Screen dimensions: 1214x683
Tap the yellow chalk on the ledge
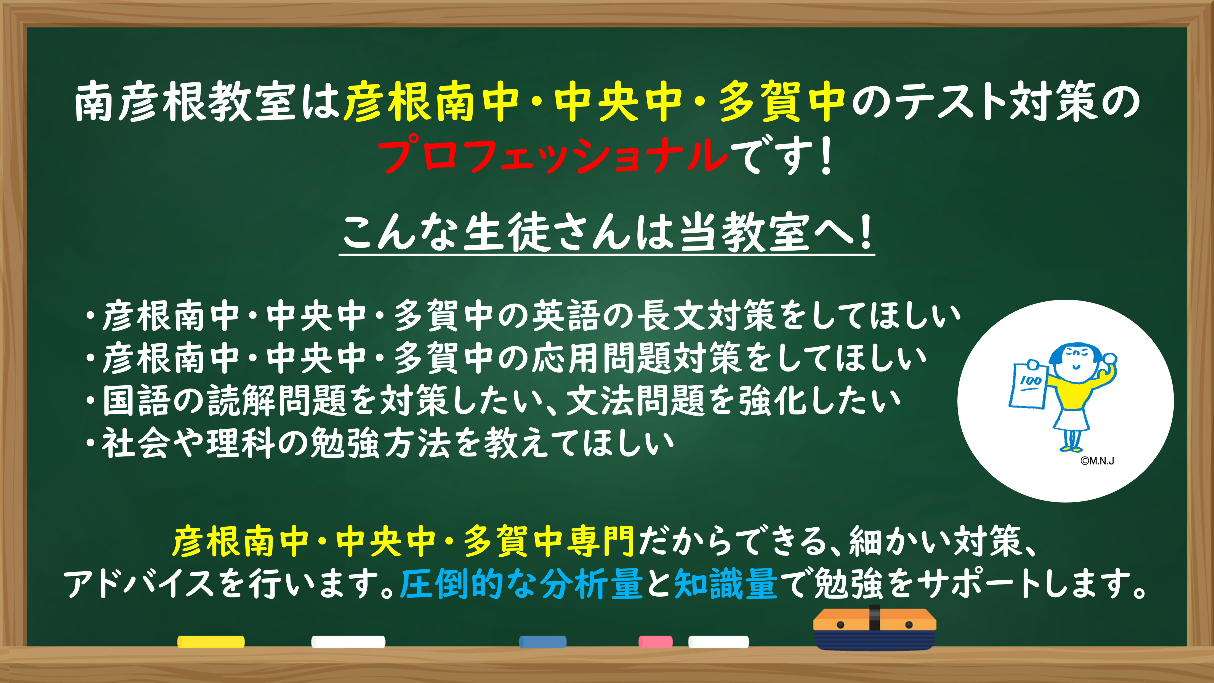point(211,642)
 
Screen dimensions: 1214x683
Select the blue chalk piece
point(542,642)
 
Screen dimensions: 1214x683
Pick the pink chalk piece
point(656,642)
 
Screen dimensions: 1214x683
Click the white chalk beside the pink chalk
point(718,642)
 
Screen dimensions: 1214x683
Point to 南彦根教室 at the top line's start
point(185,101)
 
